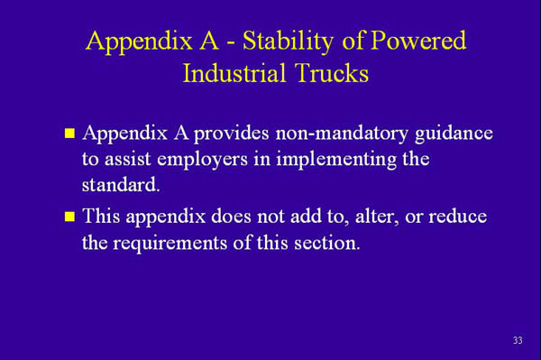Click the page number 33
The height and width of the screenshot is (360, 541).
[517, 340]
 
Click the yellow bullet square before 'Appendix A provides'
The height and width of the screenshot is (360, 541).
[69, 134]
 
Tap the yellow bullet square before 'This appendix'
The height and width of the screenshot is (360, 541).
[69, 217]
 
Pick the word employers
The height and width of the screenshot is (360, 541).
[219, 159]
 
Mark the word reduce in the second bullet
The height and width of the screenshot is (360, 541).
[457, 217]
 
